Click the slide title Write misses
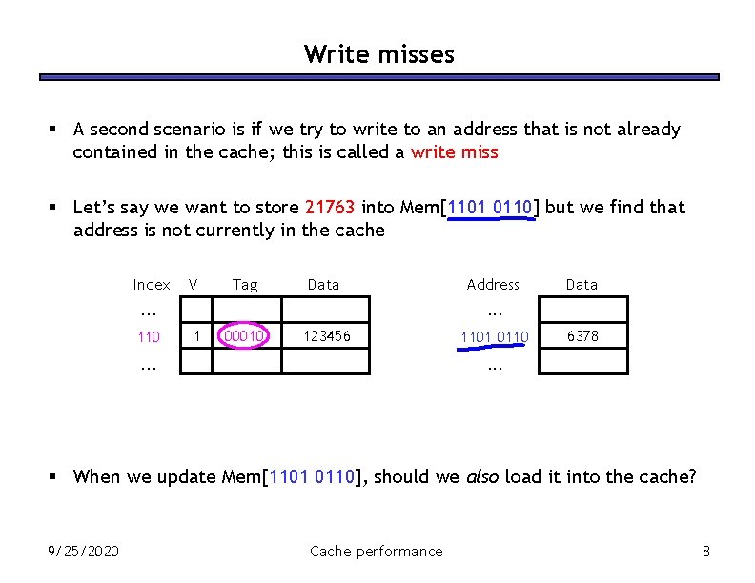click(378, 54)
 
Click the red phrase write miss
click(454, 152)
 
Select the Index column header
click(152, 284)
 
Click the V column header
click(194, 284)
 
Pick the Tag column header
click(245, 284)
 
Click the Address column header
click(493, 284)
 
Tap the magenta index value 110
click(149, 336)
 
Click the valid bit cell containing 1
click(196, 335)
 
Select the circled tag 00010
click(246, 336)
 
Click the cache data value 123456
click(326, 336)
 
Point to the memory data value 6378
click(582, 335)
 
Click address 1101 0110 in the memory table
click(494, 336)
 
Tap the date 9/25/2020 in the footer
click(84, 551)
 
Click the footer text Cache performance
click(377, 551)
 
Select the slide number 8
click(705, 551)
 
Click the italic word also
click(483, 476)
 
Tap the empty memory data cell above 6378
click(582, 310)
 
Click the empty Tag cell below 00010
click(246, 362)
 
